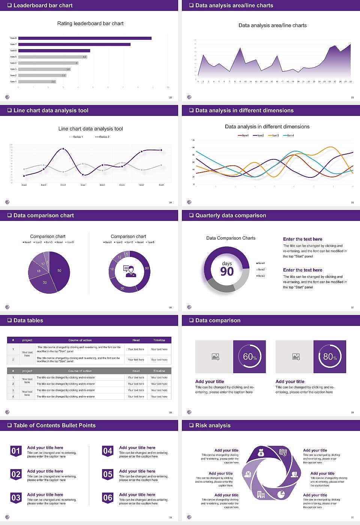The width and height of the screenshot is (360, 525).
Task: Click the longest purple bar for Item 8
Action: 85,38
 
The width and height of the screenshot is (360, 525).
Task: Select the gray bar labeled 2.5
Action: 37,81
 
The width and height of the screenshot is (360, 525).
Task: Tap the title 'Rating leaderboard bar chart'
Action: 90,23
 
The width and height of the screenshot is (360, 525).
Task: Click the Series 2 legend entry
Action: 102,137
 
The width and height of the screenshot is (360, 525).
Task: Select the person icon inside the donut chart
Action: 130,271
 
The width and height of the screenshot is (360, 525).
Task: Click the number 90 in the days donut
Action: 227,271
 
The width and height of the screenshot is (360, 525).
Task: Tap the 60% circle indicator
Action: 250,357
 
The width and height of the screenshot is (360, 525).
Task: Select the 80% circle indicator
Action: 330,357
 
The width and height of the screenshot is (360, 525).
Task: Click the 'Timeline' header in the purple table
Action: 159,340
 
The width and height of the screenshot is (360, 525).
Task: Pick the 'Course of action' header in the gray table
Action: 80,371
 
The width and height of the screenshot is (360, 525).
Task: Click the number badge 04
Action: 108,451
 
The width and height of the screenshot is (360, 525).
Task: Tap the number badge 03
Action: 16,498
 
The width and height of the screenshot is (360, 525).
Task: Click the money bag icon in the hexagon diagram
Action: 261,454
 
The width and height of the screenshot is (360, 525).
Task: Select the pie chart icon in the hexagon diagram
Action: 281,494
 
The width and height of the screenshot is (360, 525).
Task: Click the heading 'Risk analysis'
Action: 213,425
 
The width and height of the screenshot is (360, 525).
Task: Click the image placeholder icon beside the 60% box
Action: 215,357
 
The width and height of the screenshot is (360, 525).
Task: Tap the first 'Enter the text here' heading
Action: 303,239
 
